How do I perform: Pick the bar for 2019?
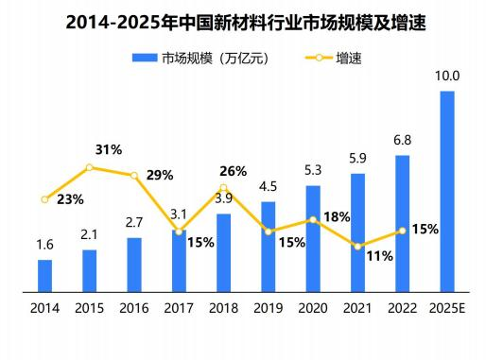click(x=269, y=246)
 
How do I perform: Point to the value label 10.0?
click(x=447, y=76)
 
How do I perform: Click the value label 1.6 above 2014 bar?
click(x=44, y=245)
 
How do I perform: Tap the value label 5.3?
click(x=313, y=170)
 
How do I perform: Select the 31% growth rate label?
click(x=109, y=149)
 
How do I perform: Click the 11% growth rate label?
click(x=379, y=256)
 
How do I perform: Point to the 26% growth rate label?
click(x=233, y=171)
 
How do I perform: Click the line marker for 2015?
click(x=89, y=167)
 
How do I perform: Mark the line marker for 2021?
click(x=357, y=247)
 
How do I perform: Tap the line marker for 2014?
click(x=44, y=199)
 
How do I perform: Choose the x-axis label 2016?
click(x=134, y=309)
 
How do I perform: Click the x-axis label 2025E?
click(x=447, y=309)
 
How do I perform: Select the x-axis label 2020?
click(x=313, y=309)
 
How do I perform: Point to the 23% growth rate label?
click(x=70, y=199)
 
